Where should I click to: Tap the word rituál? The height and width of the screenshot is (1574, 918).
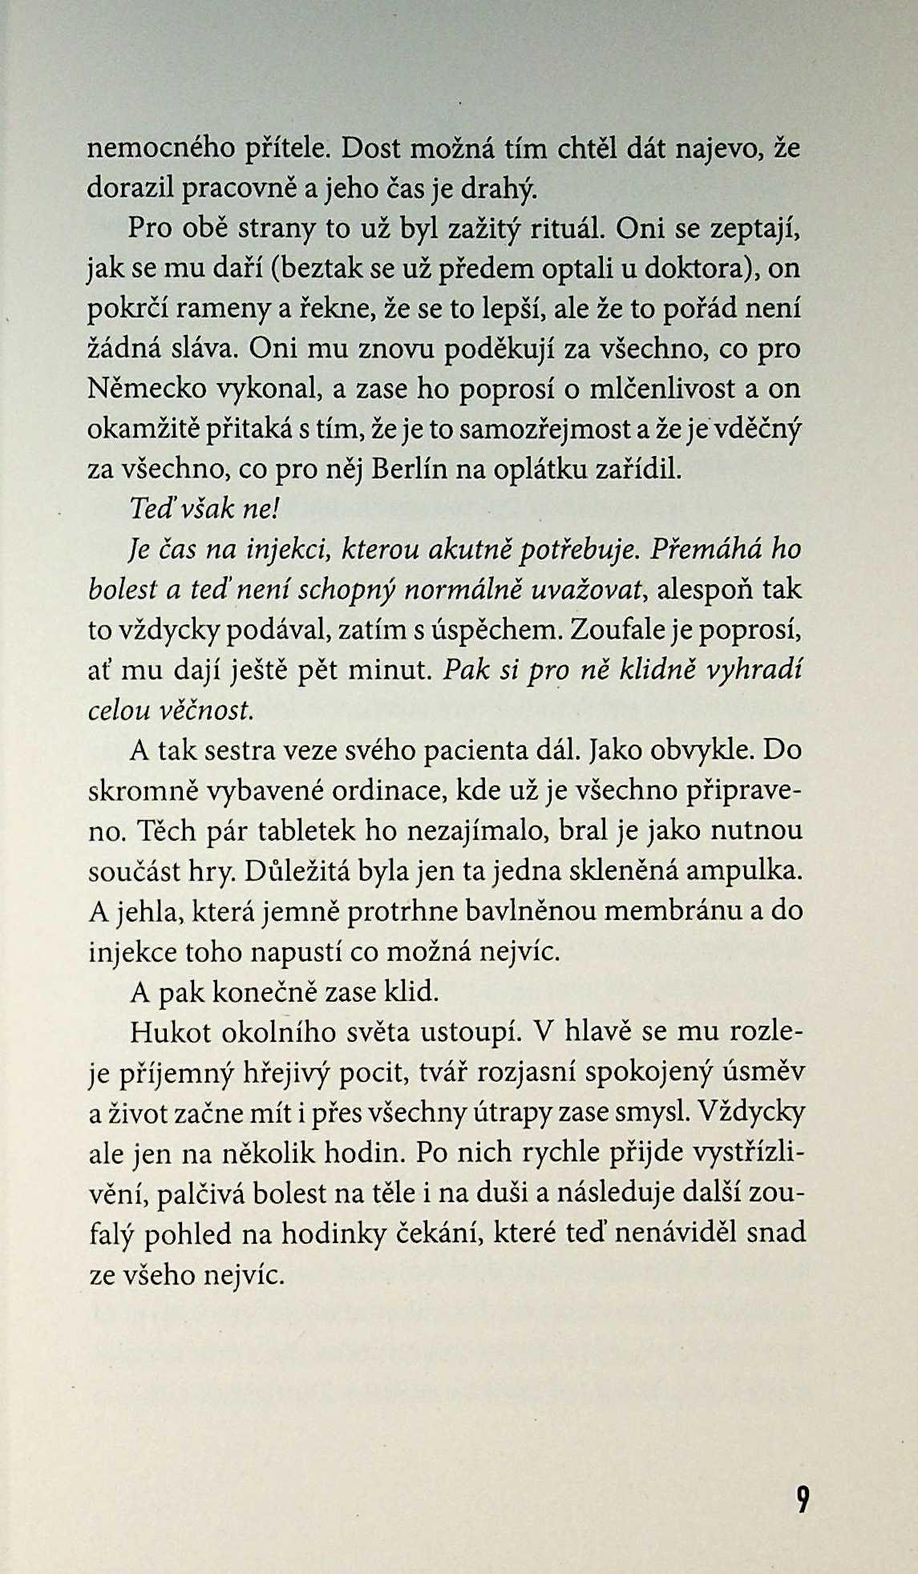pos(568,229)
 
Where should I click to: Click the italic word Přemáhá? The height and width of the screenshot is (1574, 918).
pos(703,550)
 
